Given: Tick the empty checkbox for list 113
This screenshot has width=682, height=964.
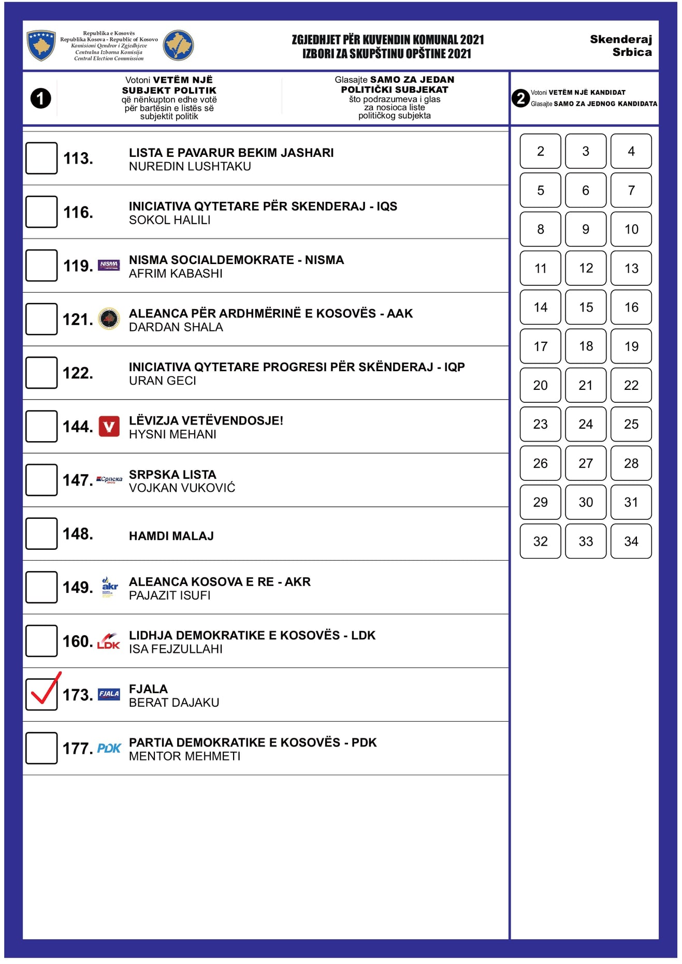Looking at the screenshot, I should (x=41, y=158).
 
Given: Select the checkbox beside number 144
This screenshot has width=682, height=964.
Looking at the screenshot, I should (x=41, y=426).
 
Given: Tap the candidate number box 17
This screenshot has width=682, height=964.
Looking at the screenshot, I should (x=540, y=346).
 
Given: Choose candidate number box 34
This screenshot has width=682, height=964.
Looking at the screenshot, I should (x=631, y=541).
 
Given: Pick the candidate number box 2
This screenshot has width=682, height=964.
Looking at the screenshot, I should (x=540, y=151).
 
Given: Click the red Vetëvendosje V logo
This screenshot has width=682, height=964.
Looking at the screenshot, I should (x=109, y=427).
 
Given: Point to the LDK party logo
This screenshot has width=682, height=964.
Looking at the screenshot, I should (x=108, y=641).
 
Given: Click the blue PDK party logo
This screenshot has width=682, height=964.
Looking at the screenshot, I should (x=109, y=748).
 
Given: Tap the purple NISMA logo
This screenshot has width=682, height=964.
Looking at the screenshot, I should (x=109, y=265).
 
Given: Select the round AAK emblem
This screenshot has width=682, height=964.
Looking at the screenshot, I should (x=109, y=318).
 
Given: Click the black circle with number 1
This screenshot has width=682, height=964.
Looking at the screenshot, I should (x=40, y=98).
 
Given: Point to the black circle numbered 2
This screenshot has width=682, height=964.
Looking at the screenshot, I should (x=520, y=98).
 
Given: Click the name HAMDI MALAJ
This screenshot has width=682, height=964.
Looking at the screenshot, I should (x=171, y=536).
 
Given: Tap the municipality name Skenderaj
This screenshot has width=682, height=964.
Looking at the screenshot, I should (x=620, y=39).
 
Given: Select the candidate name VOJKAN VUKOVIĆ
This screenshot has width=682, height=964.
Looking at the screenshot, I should (x=182, y=488).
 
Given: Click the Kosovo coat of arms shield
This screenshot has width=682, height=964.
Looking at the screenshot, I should (x=41, y=45).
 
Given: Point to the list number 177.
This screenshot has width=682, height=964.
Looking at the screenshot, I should (x=78, y=748).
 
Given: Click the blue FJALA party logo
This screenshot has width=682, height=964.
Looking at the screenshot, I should (x=109, y=694).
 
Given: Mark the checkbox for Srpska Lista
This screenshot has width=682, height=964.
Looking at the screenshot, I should (x=41, y=480).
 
